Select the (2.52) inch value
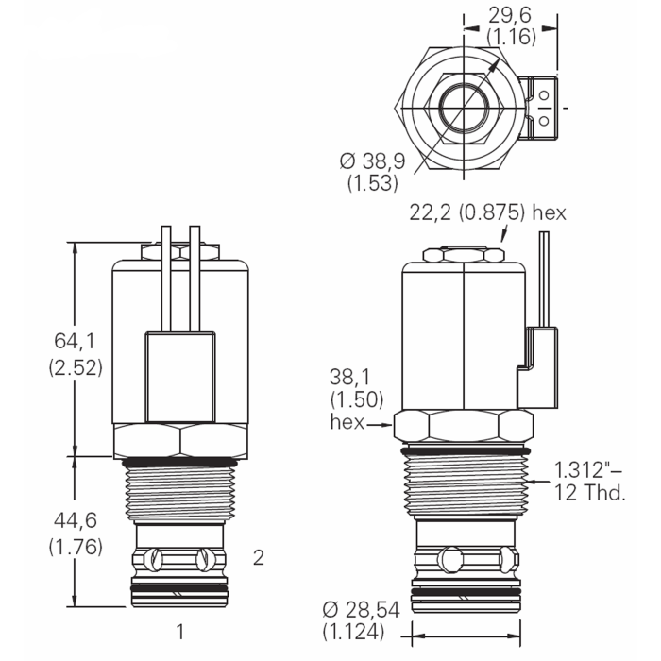click(76, 367)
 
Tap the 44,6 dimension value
click(76, 520)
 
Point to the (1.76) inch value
click(76, 546)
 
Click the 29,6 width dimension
click(515, 14)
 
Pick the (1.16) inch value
click(515, 38)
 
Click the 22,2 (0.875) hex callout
click(487, 213)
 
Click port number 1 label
click(179, 630)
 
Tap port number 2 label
click(259, 557)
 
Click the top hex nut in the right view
click(462, 255)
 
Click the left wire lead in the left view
click(165, 279)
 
